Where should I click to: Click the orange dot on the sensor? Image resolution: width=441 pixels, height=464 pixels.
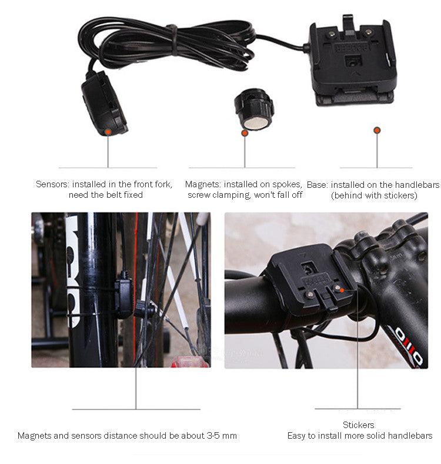coord(108,132)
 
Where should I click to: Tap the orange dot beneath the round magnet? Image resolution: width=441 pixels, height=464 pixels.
coord(245,133)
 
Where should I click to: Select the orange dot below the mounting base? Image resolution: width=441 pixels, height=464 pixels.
coord(377,130)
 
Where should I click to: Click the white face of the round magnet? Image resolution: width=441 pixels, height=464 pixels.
coord(256,124)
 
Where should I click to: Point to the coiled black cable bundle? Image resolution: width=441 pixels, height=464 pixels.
coord(166,44)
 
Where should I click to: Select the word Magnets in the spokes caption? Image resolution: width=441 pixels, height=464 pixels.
coord(203,184)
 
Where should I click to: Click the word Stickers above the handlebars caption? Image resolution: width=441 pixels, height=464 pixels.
coord(358,425)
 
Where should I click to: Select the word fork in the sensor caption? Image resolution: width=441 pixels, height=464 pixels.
coord(162,184)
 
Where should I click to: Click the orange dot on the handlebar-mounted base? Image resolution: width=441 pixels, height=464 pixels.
coord(342,290)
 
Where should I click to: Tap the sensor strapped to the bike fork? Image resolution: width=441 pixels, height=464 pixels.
coord(123,299)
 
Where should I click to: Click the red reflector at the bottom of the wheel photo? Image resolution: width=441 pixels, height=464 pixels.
coord(189,362)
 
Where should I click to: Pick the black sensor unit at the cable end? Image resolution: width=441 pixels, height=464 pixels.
coord(104,104)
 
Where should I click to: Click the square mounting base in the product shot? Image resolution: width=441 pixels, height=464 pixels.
coord(352,61)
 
